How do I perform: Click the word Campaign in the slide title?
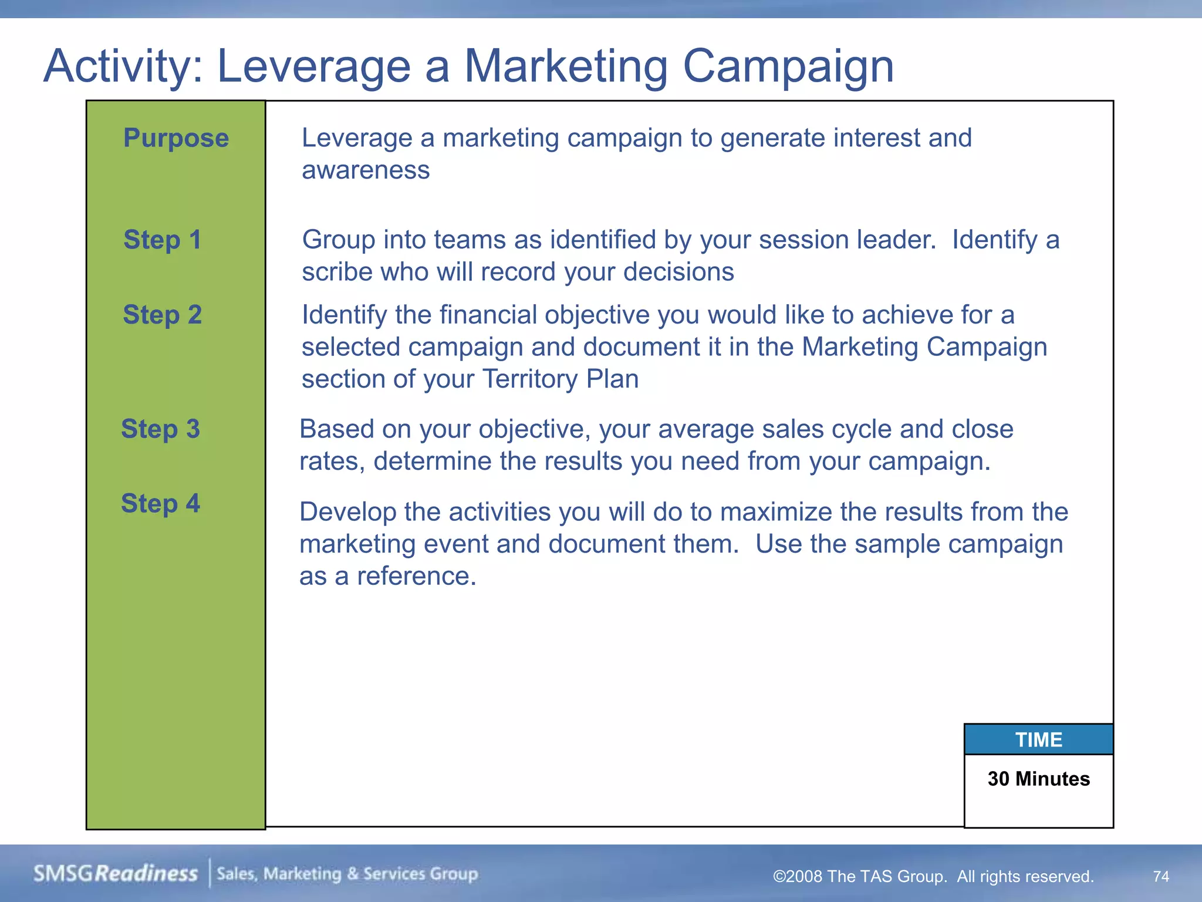point(788,66)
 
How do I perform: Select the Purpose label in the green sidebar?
point(176,139)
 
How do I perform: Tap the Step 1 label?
point(162,240)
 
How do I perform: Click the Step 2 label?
point(162,315)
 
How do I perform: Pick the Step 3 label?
point(160,429)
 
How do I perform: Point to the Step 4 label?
point(160,504)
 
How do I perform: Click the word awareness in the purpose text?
point(366,171)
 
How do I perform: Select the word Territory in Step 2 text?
point(529,379)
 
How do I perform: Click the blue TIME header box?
point(1038,739)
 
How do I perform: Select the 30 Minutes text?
point(1038,779)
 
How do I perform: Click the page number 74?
point(1160,876)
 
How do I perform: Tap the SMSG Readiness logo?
point(116,874)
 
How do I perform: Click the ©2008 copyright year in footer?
point(798,877)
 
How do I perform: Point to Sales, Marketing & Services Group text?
point(347,874)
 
